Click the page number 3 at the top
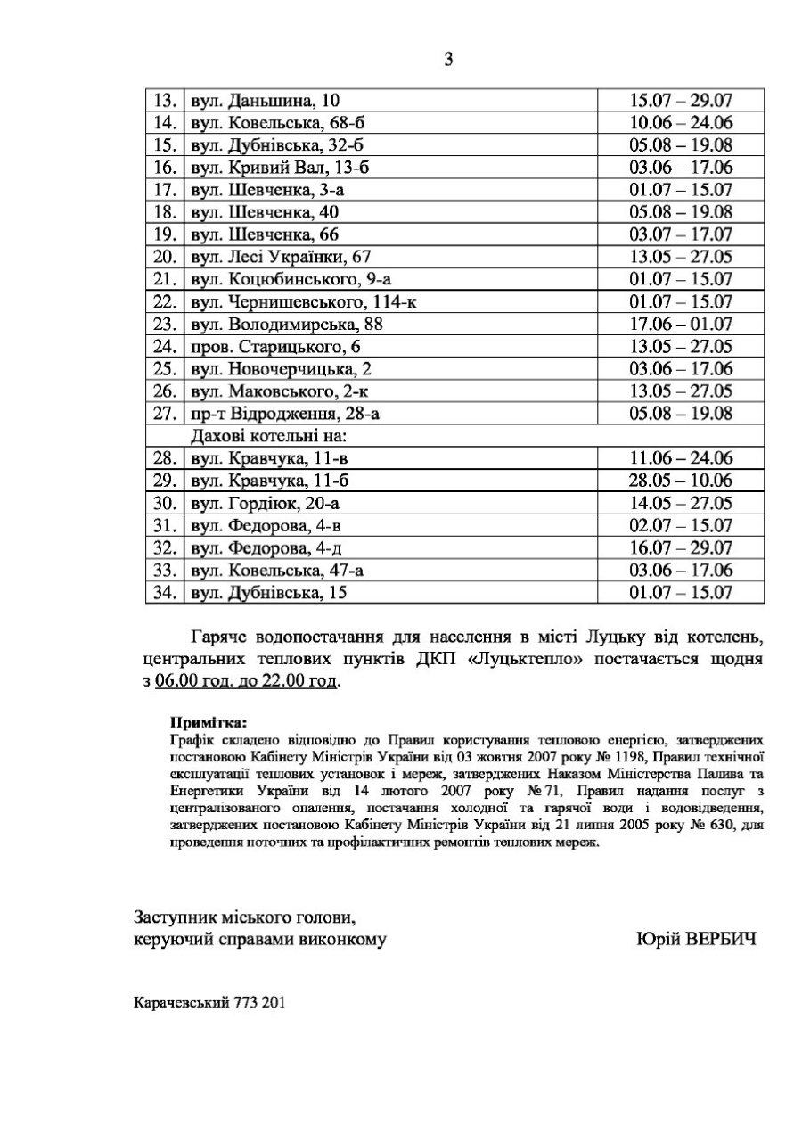click(x=448, y=61)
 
